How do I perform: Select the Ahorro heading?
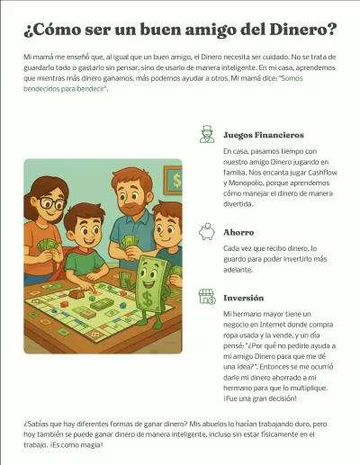tap(238, 232)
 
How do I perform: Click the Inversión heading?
tap(244, 298)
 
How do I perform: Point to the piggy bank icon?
tap(206, 232)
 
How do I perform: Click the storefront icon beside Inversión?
tap(206, 298)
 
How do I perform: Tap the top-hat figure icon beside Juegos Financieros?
tap(206, 135)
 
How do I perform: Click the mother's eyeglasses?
tap(51, 204)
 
